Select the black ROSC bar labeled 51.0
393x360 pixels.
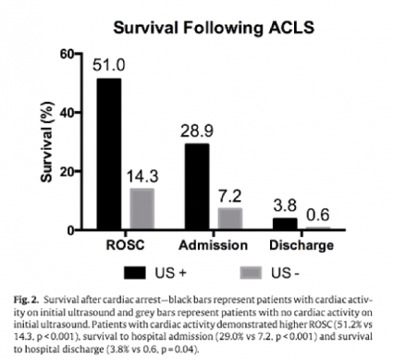coord(108,154)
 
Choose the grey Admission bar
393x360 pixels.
coord(229,219)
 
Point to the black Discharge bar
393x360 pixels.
coord(284,224)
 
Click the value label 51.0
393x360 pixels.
coord(109,66)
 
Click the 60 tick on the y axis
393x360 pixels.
coord(64,54)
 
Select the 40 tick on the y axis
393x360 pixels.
coord(64,112)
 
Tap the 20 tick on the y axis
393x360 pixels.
coord(64,171)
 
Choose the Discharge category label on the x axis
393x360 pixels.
coord(301,245)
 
